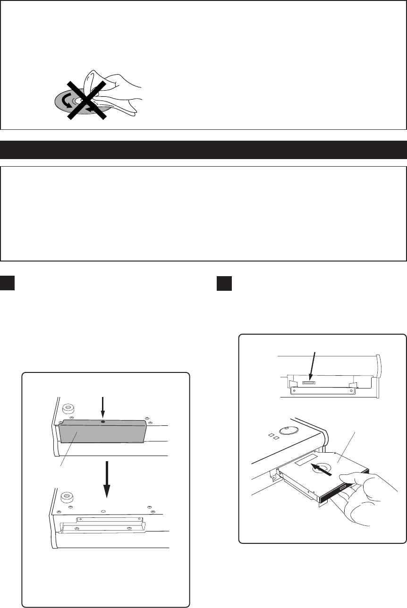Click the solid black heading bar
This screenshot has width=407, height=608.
pos(203,149)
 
